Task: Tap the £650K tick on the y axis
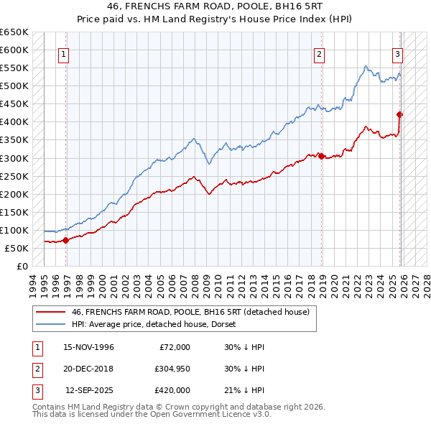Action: click(x=14, y=32)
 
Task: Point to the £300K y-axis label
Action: click(x=14, y=158)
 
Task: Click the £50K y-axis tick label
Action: click(x=17, y=248)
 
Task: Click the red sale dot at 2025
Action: click(x=399, y=114)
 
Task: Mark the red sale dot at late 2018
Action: click(x=322, y=155)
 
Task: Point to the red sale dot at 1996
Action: click(x=65, y=240)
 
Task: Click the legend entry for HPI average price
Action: click(x=159, y=324)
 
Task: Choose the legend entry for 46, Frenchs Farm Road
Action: click(x=190, y=312)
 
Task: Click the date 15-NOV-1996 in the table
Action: click(x=88, y=347)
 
